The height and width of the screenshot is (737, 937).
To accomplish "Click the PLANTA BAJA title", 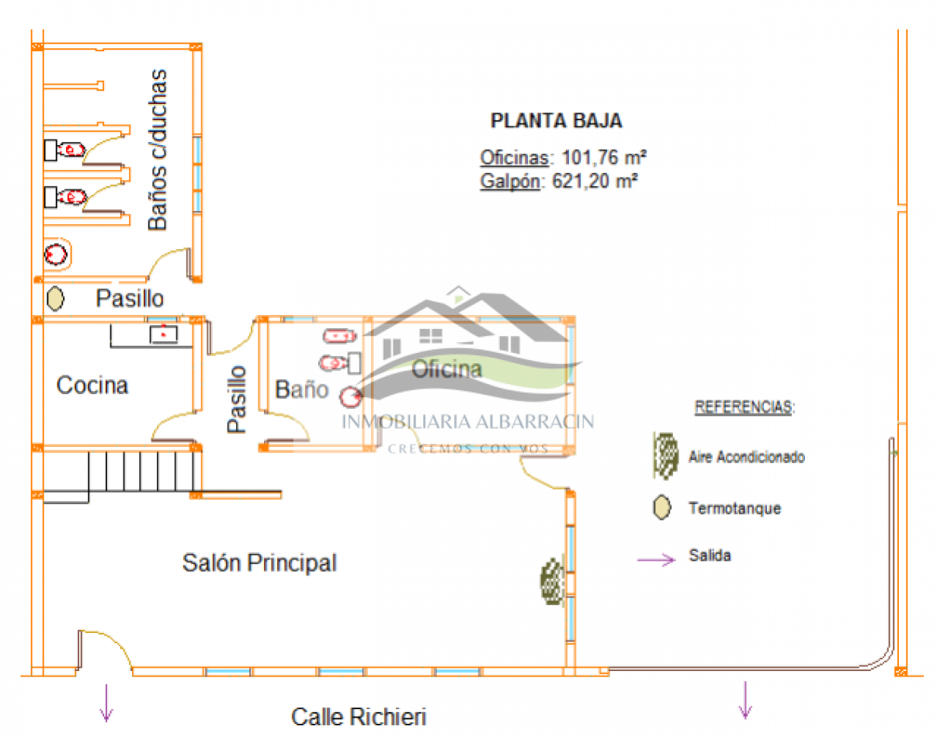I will click(x=556, y=121).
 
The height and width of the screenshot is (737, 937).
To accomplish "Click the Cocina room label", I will click(x=92, y=385).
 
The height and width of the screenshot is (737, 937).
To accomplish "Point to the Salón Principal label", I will click(x=259, y=562).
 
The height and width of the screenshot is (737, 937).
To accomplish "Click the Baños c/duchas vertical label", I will click(x=158, y=150).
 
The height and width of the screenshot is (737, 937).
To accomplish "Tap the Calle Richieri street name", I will click(x=359, y=716).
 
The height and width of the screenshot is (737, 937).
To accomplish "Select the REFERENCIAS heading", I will click(x=744, y=407).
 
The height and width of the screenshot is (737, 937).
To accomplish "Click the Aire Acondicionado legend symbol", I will click(x=665, y=455).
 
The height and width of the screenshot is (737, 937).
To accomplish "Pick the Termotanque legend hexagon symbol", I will click(x=661, y=508).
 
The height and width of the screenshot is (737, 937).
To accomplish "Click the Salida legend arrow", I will click(x=656, y=560).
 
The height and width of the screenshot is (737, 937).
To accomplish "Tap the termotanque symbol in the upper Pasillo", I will click(x=54, y=297).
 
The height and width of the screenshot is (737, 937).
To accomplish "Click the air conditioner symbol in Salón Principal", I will click(x=552, y=580).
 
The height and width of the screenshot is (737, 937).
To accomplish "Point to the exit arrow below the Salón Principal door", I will click(x=106, y=702).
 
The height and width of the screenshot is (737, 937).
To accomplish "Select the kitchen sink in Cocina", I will click(x=165, y=334).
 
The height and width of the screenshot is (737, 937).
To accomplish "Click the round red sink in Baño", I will click(x=351, y=397).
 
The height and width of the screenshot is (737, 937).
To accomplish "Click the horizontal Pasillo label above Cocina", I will click(x=130, y=298).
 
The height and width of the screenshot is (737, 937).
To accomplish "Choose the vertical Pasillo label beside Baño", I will click(x=237, y=399).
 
